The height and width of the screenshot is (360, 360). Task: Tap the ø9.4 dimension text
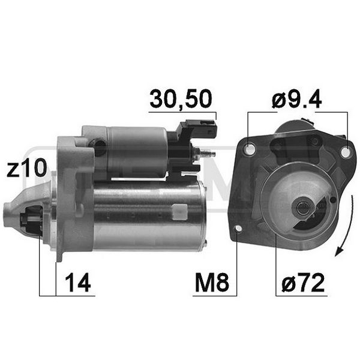tap(297, 99)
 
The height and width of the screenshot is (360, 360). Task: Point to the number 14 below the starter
tap(77, 283)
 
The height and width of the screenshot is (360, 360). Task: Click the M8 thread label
tap(212, 283)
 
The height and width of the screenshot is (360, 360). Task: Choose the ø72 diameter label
tap(301, 283)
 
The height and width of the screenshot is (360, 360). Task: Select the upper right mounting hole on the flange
tap(345, 152)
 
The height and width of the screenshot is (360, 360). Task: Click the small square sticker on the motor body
tap(179, 210)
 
